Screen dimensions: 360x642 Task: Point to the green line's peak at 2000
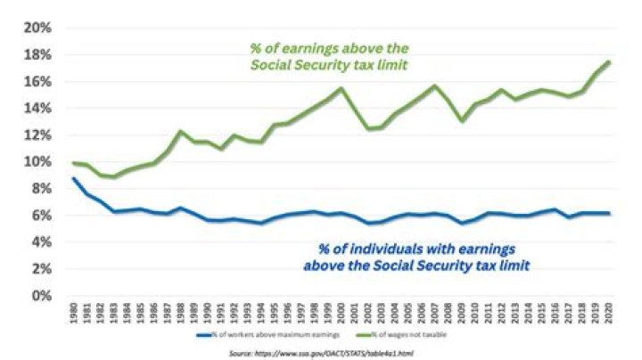(341, 87)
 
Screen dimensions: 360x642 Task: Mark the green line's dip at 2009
(461, 120)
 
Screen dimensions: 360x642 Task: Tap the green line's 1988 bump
(179, 131)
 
